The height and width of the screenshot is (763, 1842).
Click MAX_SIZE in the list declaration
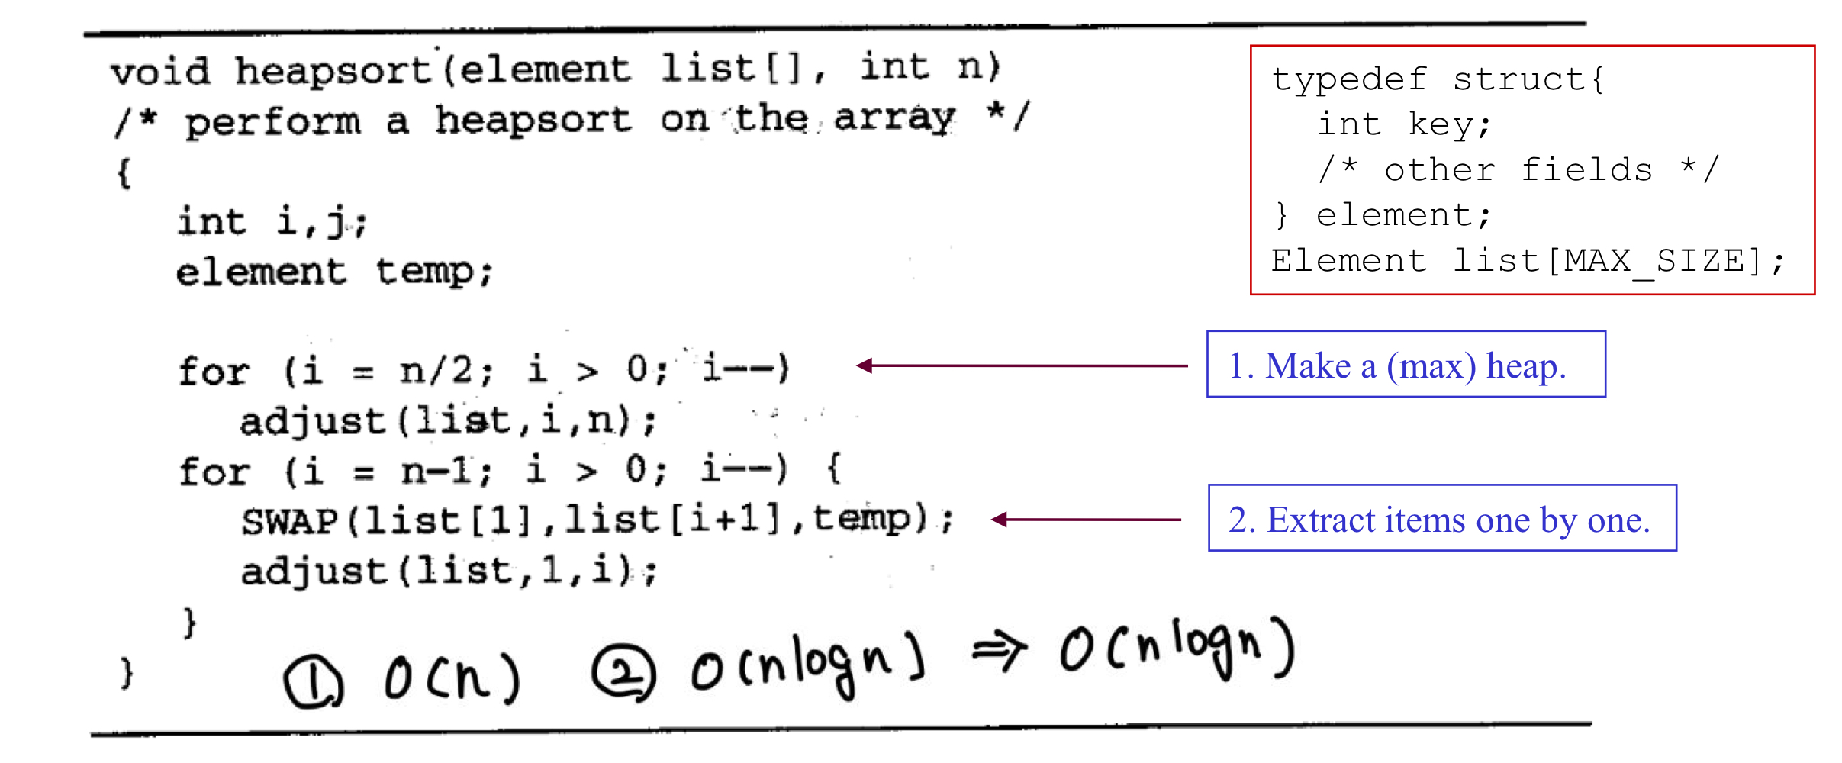(x=1654, y=262)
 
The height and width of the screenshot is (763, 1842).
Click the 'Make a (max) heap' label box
(x=1406, y=365)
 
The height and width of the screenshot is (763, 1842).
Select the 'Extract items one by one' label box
(x=1442, y=519)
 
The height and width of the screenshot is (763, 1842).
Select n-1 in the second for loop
(x=438, y=471)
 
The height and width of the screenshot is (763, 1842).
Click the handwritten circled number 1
(x=313, y=682)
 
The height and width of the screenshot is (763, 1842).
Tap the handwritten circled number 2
(x=623, y=672)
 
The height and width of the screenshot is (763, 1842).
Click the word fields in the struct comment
(x=1586, y=170)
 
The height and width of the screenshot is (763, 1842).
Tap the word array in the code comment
(x=894, y=118)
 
